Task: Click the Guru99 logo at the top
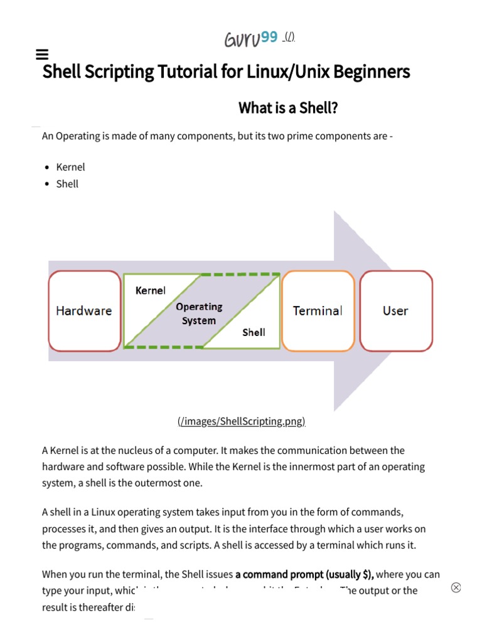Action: tap(251, 39)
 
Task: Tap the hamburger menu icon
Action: tap(43, 55)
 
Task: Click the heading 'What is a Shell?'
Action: tap(288, 108)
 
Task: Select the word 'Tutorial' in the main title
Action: tap(188, 71)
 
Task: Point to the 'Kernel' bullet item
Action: tap(70, 167)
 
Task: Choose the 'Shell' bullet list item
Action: tap(67, 184)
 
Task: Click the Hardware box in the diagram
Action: tap(84, 310)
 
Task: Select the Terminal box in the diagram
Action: tap(318, 310)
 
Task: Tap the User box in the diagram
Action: tap(395, 310)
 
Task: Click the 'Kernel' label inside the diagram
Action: tap(151, 290)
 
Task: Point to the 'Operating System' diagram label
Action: tap(199, 313)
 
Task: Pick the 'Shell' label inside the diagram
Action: tap(254, 332)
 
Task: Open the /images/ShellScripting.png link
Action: tap(241, 421)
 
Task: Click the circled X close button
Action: tap(456, 587)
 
